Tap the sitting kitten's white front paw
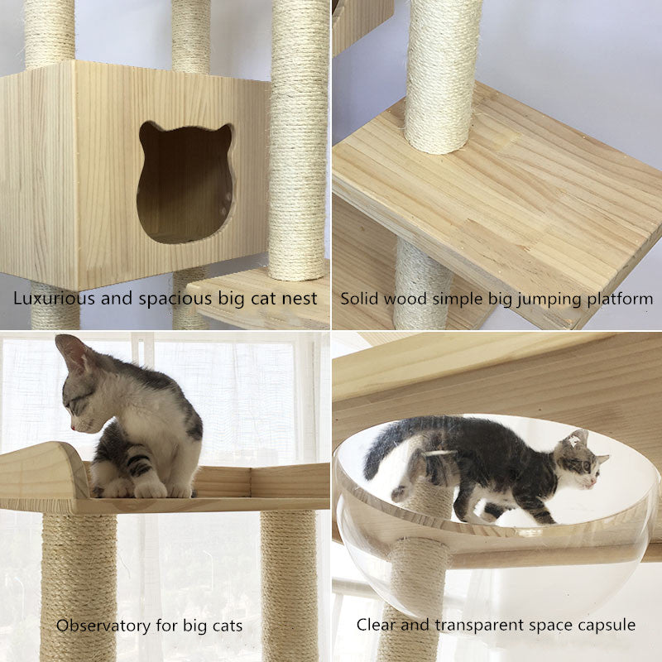click(150, 488)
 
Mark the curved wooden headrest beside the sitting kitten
click(46, 469)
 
